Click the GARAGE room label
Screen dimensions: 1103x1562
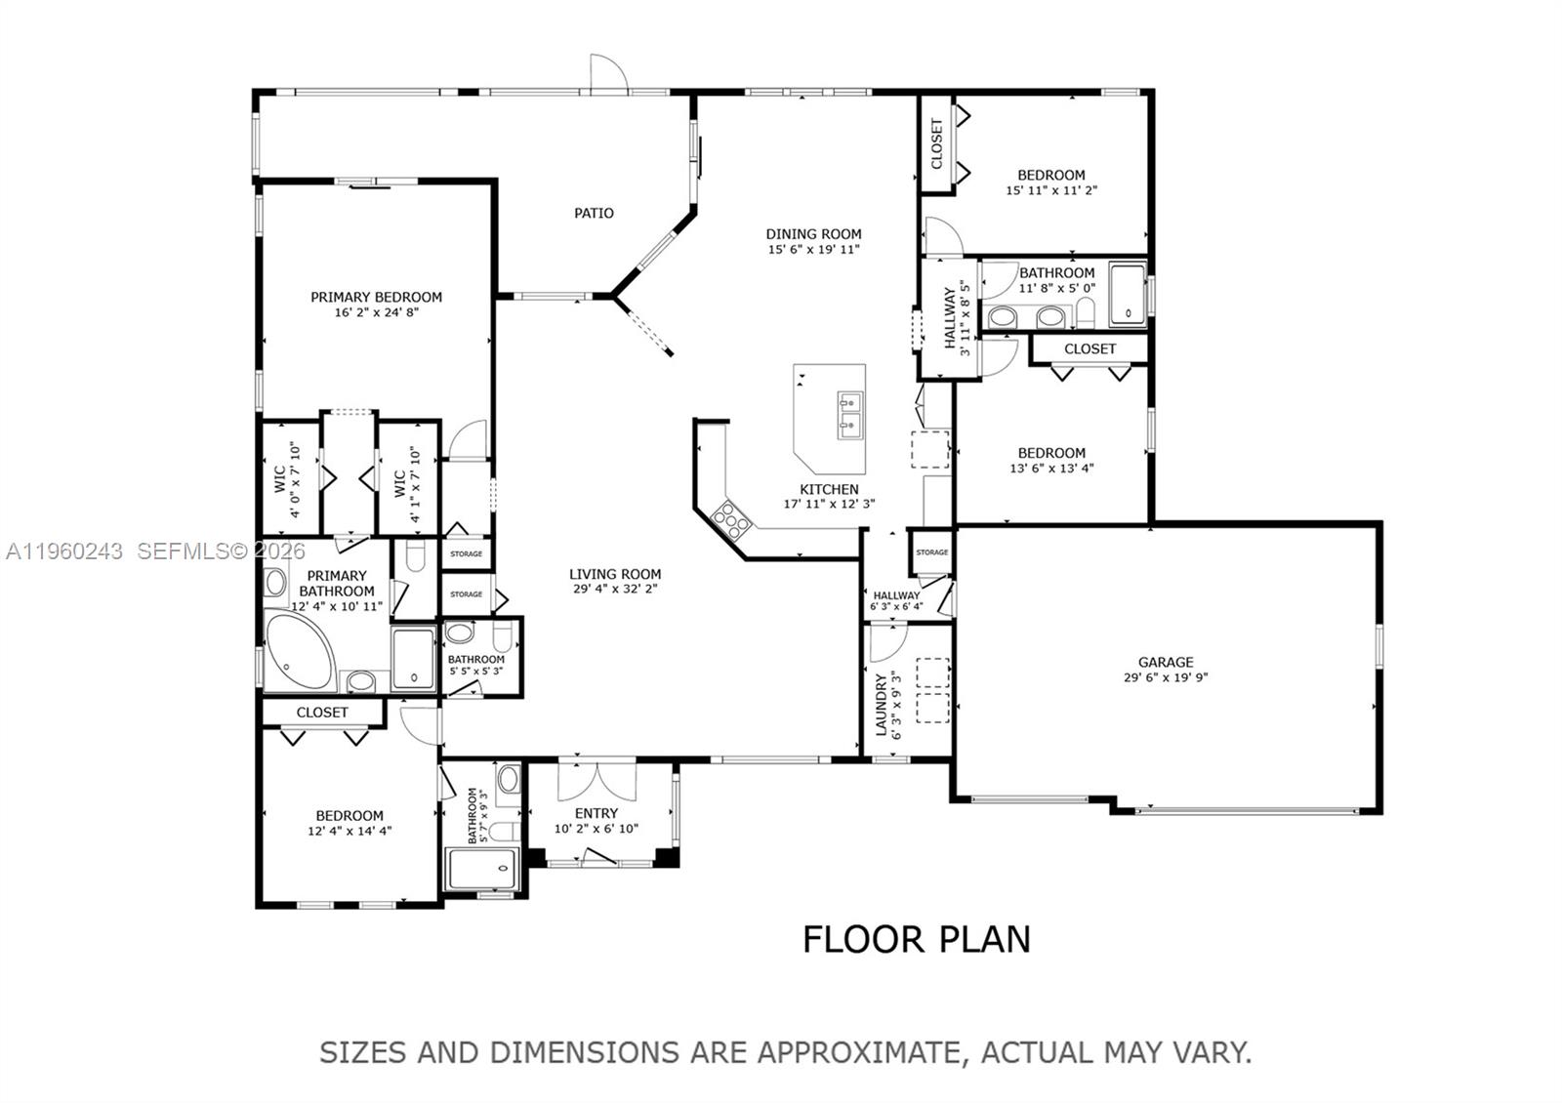pos(1165,662)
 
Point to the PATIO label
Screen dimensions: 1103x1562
pos(594,213)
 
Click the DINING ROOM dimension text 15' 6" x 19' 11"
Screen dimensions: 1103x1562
pos(813,250)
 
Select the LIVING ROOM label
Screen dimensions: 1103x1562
pos(615,574)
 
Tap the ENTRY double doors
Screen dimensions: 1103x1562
pos(596,781)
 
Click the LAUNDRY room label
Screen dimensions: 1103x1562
pos(882,704)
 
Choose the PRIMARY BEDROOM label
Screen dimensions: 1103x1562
pos(376,297)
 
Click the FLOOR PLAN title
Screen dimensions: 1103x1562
pos(916,939)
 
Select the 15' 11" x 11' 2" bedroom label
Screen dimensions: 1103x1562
pos(1051,176)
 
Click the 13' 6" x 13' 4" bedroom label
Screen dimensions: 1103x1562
pos(1051,453)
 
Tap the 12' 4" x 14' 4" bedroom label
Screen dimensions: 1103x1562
pos(349,816)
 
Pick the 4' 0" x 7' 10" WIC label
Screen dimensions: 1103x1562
pos(279,478)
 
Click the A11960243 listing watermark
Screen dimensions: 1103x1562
pos(64,551)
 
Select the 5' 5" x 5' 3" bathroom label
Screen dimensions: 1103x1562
pos(476,660)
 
